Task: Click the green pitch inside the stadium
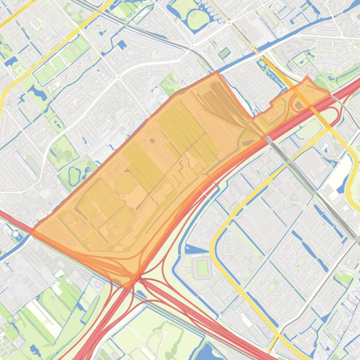click(202, 268)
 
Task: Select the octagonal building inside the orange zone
click(124, 183)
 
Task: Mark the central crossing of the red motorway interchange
click(137, 279)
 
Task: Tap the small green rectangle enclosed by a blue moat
click(224, 53)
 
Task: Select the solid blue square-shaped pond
click(122, 45)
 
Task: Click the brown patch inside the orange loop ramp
click(298, 105)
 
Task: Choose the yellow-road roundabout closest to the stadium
click(240, 290)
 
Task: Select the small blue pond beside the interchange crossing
click(141, 294)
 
